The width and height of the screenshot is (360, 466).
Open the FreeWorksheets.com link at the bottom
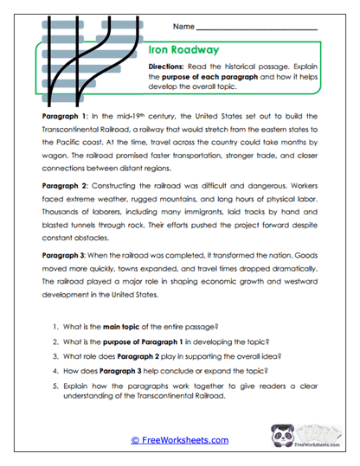pyautogui.click(x=180, y=440)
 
